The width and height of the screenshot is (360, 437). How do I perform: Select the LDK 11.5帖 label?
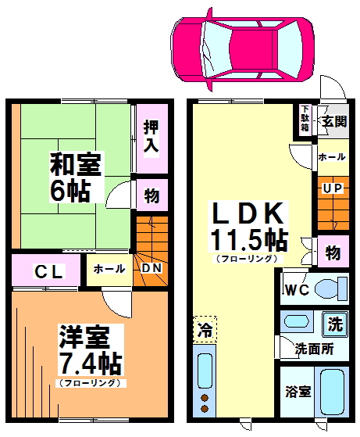248,225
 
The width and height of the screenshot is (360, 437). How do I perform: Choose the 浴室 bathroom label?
298,390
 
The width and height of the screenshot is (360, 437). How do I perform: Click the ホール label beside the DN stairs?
109,269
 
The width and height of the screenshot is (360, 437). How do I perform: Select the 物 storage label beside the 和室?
151,195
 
